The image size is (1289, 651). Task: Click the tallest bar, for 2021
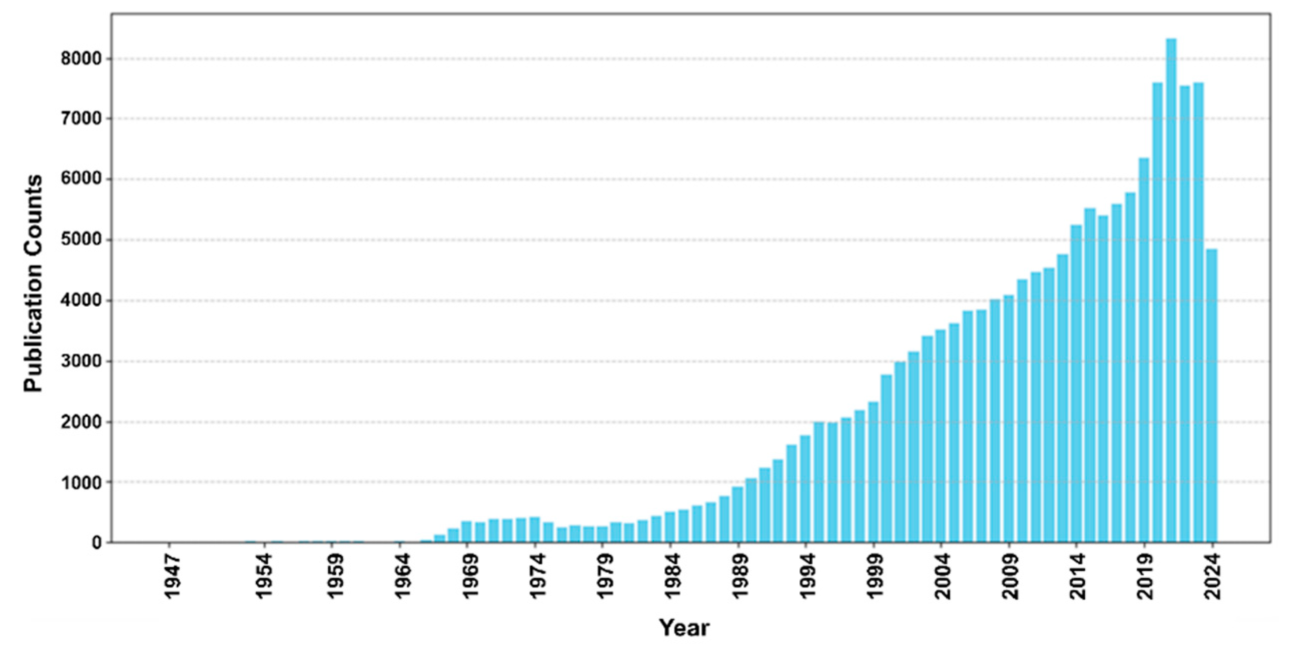1171,290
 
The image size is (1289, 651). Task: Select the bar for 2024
1212,395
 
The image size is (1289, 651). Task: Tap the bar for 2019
1144,350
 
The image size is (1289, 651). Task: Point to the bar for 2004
941,436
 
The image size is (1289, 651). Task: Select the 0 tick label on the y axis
97,543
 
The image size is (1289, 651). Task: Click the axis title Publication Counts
34,283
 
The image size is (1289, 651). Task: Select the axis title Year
684,627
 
